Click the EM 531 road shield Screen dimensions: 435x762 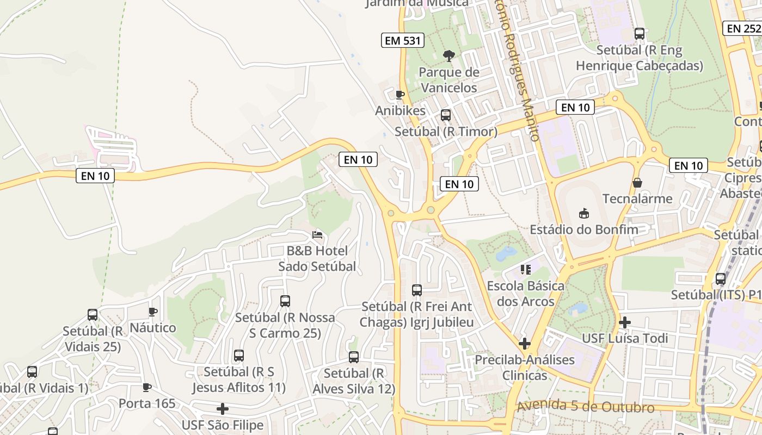pos(402,40)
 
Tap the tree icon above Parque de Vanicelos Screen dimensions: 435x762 pos(449,55)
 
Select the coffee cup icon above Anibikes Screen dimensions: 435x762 pos(400,95)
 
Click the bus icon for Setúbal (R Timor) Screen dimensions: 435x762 pos(446,115)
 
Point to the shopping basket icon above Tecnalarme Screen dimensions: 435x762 pos(637,183)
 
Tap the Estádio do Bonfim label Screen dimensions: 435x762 pos(584,229)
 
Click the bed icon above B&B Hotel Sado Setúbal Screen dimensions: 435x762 pos(317,235)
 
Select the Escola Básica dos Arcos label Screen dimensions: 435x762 pos(525,294)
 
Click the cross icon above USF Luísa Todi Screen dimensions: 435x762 pos(624,322)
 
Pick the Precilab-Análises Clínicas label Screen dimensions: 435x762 pos(525,368)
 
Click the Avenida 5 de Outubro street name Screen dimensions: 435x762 pos(585,407)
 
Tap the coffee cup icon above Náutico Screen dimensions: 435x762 pos(153,312)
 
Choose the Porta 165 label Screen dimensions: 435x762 pos(147,403)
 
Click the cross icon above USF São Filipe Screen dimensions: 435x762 pos(223,409)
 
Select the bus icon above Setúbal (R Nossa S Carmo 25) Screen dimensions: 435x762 pos(285,301)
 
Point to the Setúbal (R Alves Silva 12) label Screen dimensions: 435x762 pos(354,381)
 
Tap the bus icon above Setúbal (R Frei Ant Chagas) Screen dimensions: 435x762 pos(417,290)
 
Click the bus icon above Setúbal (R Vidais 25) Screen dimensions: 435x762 pos(93,315)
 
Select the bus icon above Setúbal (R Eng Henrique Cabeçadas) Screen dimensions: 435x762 pos(640,34)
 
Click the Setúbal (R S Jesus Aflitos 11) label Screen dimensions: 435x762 pos(238,380)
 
